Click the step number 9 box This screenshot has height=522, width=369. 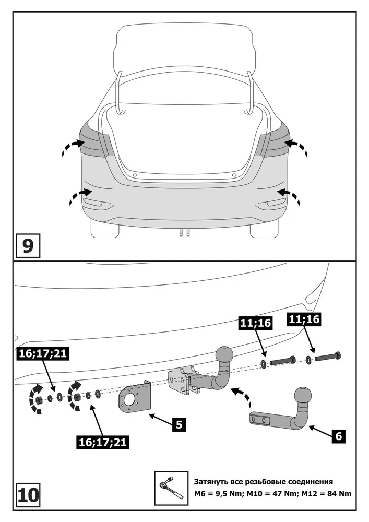pyautogui.click(x=28, y=246)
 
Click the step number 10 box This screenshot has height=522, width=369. pyautogui.click(x=28, y=495)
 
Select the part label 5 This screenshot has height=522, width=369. pyautogui.click(x=179, y=424)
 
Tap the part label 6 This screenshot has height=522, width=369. pyautogui.click(x=338, y=435)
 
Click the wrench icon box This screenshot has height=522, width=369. pyautogui.click(x=171, y=488)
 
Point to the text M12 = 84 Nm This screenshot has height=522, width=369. pyautogui.click(x=326, y=494)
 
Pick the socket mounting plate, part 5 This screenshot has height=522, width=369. pyautogui.click(x=135, y=399)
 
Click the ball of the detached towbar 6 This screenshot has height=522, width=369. pyautogui.click(x=303, y=396)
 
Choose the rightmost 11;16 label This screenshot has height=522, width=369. pyautogui.click(x=304, y=319)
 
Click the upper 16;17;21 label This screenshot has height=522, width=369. pyautogui.click(x=43, y=353)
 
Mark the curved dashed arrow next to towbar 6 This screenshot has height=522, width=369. pyautogui.click(x=240, y=396)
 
